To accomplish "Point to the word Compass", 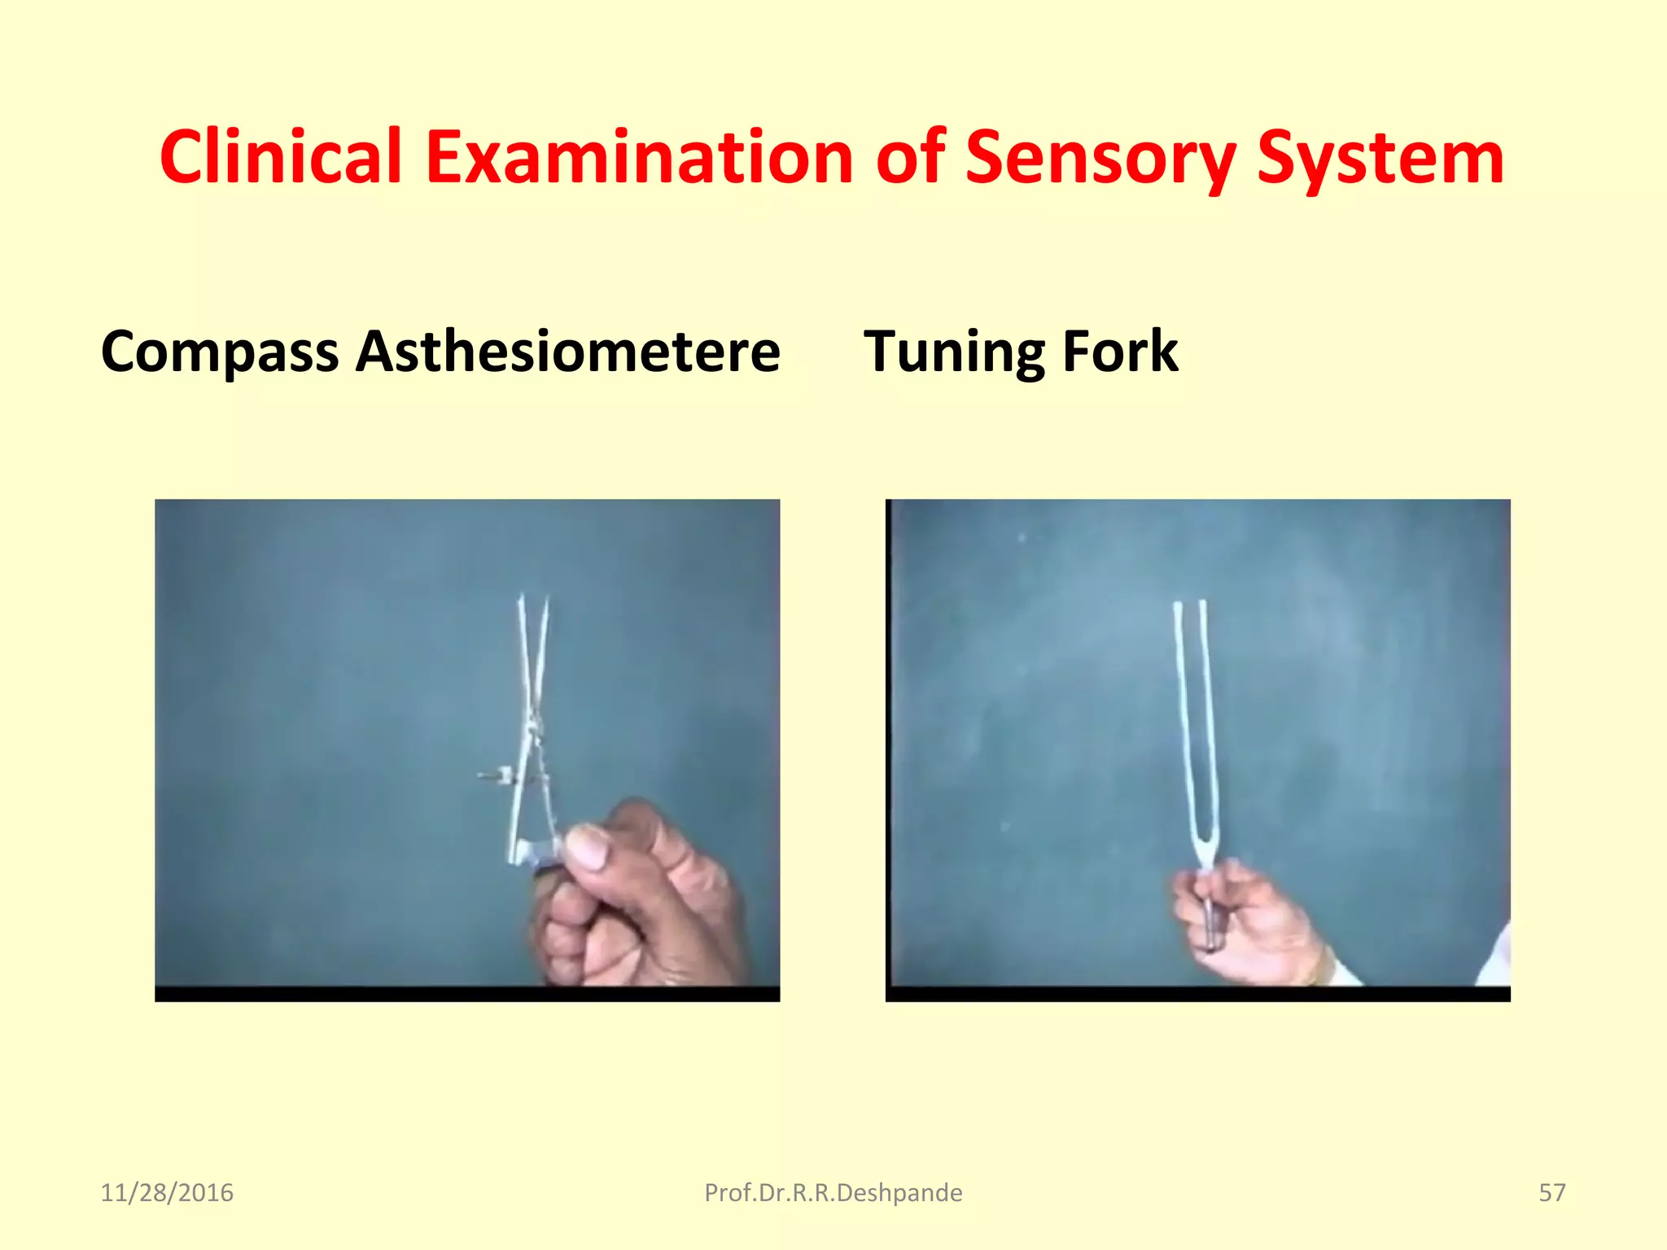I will (220, 352).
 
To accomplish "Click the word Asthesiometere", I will (568, 352).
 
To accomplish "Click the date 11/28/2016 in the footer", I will (167, 1193).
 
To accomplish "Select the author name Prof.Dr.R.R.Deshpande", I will (833, 1193).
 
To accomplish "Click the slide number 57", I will (1551, 1193).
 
